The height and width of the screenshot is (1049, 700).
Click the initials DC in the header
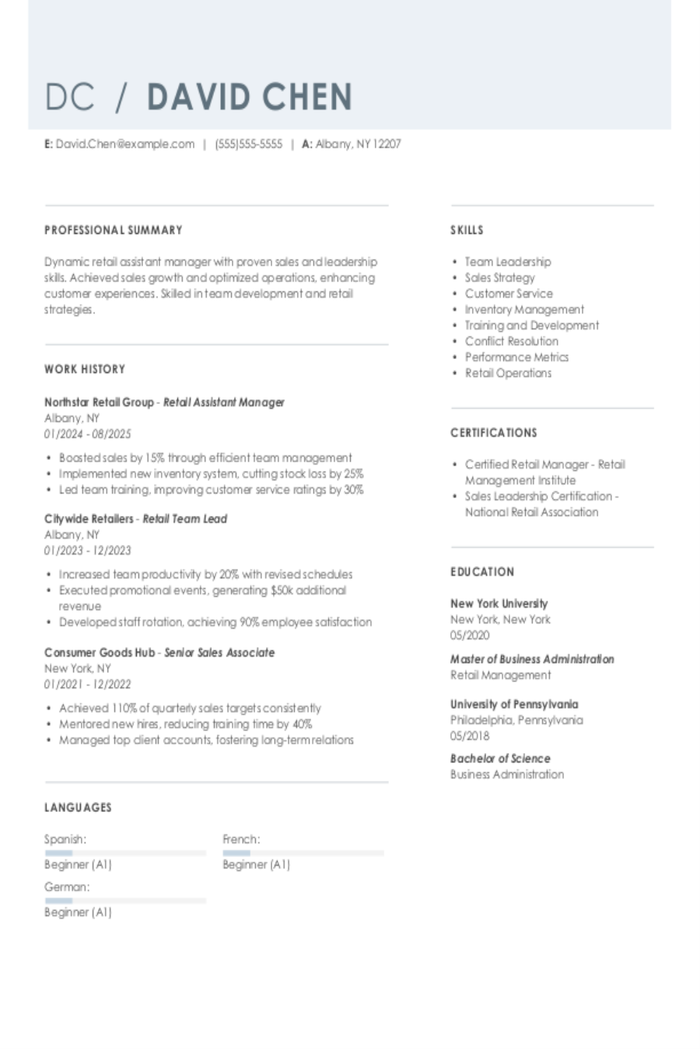pos(69,97)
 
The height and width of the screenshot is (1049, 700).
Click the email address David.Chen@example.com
pos(124,144)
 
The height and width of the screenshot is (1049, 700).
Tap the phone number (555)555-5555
pos(248,144)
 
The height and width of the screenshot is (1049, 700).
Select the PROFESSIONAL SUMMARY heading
pos(114,230)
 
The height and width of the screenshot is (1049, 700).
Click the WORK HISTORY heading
pos(85,369)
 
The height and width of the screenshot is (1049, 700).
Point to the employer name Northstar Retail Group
pos(99,403)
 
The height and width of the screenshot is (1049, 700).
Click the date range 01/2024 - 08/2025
pos(88,434)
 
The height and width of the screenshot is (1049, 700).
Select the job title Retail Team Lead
pos(185,519)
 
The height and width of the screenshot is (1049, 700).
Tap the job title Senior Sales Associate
pos(219,653)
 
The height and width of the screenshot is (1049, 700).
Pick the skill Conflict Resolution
pos(511,341)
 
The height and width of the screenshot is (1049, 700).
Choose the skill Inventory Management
pos(524,309)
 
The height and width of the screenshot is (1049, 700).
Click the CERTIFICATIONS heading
pos(494,433)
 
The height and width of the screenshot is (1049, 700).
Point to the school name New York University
pos(499,604)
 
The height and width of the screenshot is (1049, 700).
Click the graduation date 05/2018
pos(470,736)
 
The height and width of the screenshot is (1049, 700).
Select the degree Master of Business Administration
pos(532,659)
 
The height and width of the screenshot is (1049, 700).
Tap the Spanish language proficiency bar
pos(125,853)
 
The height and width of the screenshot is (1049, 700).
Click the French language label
pos(241,839)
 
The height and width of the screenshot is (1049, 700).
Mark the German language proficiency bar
pos(125,901)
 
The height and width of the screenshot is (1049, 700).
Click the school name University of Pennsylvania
pos(514,704)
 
